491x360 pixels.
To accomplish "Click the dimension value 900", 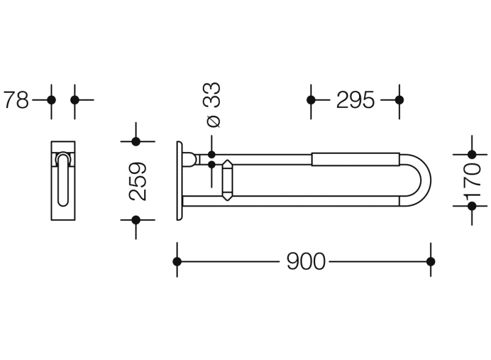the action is tap(306, 262).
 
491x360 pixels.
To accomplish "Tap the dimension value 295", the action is tap(355, 100).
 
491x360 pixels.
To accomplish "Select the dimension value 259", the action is tap(138, 181).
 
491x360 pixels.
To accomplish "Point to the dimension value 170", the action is tap(473, 180).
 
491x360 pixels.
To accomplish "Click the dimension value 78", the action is tap(16, 100).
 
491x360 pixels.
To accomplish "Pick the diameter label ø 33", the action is tap(214, 104).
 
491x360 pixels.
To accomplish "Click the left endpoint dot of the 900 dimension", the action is tap(177, 262).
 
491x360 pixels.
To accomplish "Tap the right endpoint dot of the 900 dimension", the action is tap(431, 262).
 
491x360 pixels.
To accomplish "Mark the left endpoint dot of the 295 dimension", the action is tap(311, 100).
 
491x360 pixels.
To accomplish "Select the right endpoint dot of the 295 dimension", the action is tap(399, 100).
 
